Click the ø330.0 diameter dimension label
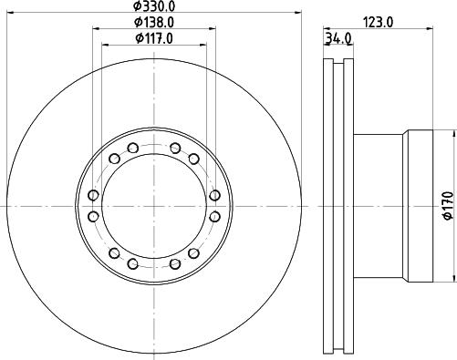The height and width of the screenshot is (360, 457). click(x=154, y=5)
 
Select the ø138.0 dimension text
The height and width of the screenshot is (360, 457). click(x=154, y=22)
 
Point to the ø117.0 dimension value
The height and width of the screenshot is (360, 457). click(x=154, y=38)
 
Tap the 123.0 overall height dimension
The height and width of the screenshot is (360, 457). click(x=379, y=23)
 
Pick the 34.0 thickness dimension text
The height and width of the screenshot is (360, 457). click(x=338, y=38)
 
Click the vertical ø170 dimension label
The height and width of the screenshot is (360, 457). click(x=448, y=205)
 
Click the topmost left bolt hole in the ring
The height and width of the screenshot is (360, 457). click(x=133, y=149)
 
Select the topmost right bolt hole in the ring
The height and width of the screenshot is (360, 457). click(x=175, y=149)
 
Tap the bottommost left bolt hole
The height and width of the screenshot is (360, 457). click(x=133, y=263)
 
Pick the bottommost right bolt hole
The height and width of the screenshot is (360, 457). click(x=175, y=263)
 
